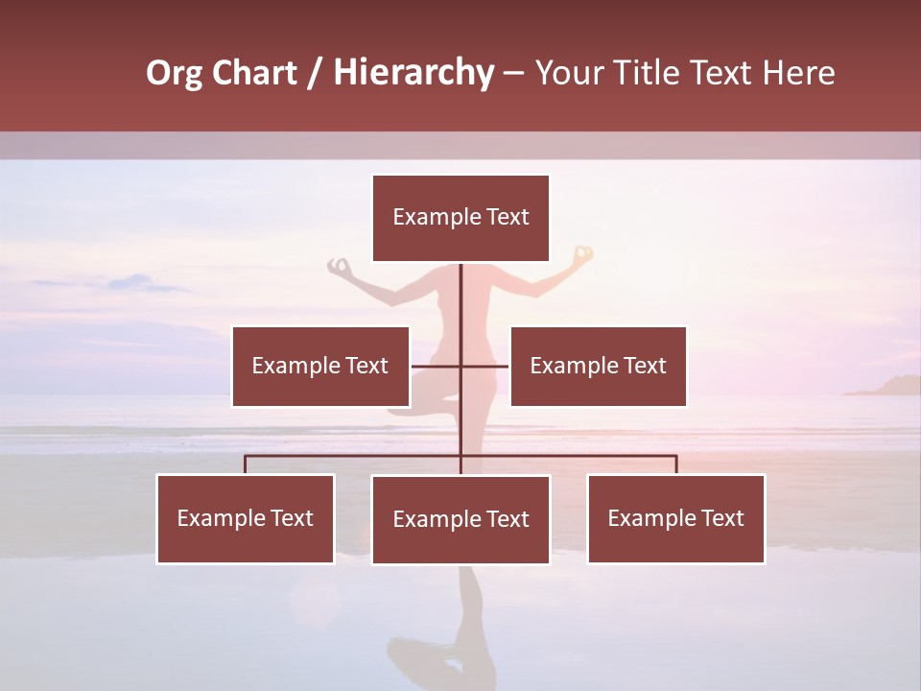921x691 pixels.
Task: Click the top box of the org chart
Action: [460, 218]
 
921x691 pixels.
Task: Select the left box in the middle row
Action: [320, 366]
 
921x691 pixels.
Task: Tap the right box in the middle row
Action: [598, 366]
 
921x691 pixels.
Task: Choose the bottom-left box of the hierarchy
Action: [246, 518]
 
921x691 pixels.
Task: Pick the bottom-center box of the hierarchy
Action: [460, 519]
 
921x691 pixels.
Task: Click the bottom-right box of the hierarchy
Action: [675, 518]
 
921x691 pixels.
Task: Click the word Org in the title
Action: [174, 73]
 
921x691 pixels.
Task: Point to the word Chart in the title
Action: [254, 73]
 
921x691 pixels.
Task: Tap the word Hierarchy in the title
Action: [413, 73]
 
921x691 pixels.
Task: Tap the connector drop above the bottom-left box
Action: [246, 465]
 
